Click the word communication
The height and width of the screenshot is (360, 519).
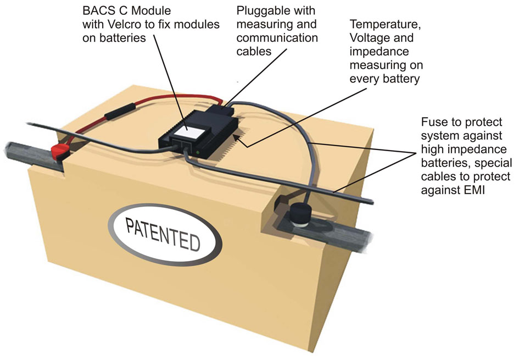pyautogui.click(x=277, y=38)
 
